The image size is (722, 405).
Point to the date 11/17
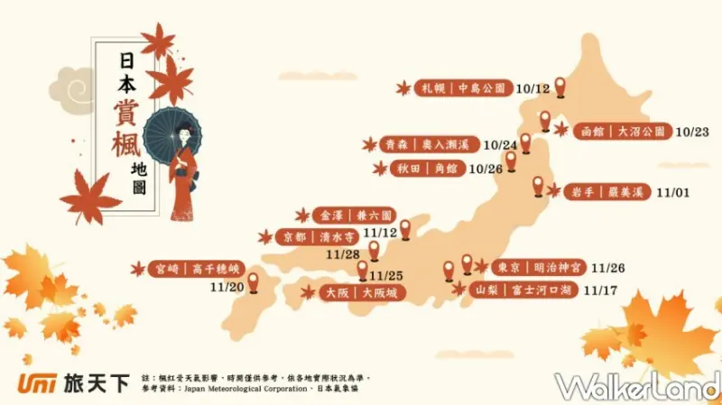pyautogui.click(x=600, y=290)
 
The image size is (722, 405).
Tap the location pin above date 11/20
pyautogui.click(x=254, y=282)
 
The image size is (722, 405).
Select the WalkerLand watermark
pyautogui.click(x=635, y=385)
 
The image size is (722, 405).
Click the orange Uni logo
pyautogui.click(x=36, y=383)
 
